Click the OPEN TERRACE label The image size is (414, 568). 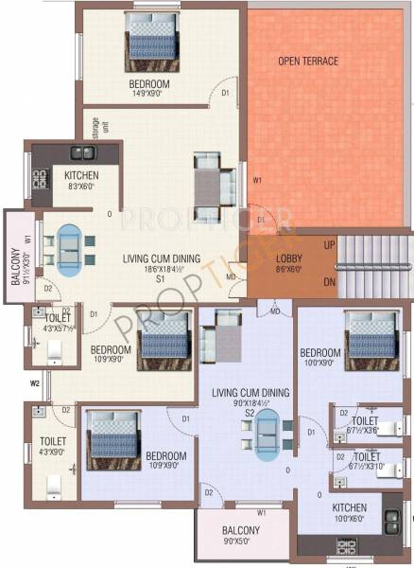coord(308,62)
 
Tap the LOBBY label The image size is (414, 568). coord(288,258)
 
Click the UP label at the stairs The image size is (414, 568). coord(329,246)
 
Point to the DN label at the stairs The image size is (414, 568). coord(329,282)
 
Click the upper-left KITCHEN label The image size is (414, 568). coord(82,176)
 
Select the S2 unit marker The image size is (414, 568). coord(250,414)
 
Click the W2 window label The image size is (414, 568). coord(34,383)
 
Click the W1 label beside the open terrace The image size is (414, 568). coord(257,179)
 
